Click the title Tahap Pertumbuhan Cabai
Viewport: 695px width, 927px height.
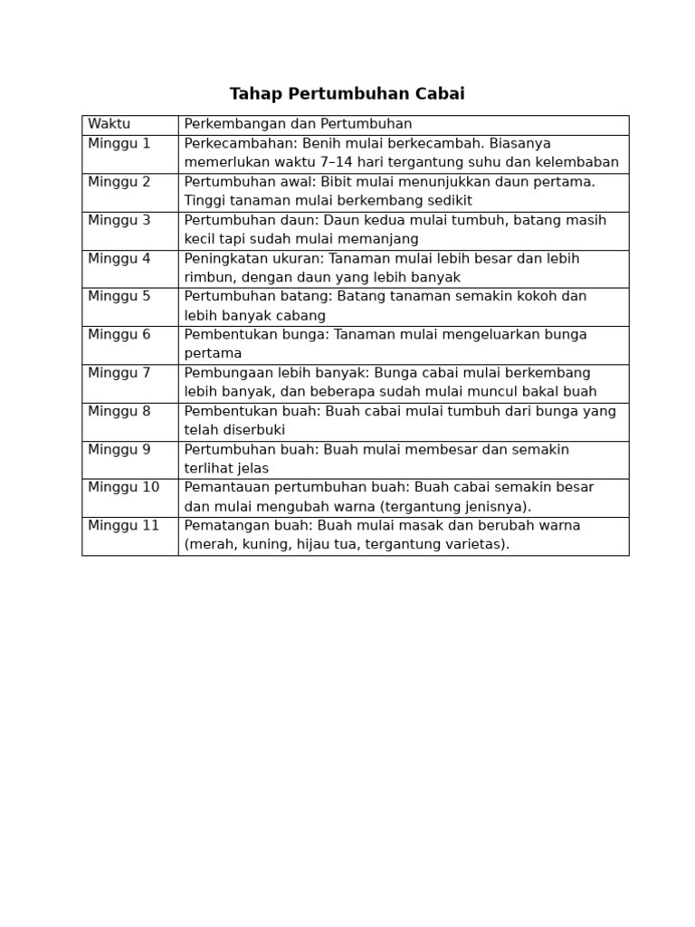347,94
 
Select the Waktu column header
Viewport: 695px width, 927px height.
109,124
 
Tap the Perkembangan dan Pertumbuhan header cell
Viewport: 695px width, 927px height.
298,124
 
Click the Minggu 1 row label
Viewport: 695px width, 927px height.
119,143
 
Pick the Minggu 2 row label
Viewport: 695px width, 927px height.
119,181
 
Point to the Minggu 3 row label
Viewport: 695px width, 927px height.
119,220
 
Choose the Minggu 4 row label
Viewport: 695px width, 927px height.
119,258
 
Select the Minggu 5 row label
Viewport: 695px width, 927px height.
119,296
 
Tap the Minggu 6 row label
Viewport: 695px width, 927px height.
119,334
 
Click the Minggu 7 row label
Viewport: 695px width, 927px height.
119,373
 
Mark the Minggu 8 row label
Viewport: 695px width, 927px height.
119,411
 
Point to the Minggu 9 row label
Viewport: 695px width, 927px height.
119,449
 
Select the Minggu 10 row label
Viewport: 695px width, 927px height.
123,487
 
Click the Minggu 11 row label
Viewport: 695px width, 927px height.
123,525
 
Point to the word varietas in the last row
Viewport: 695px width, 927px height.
472,545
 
